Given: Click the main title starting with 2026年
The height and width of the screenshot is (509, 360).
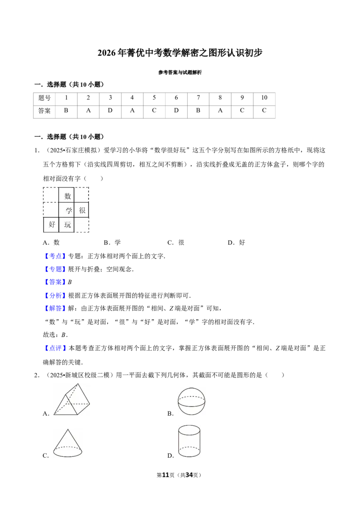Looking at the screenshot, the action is click(180, 53).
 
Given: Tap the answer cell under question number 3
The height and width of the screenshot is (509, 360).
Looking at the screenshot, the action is click(110, 111).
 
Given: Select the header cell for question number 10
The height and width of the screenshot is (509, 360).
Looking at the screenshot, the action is click(264, 98).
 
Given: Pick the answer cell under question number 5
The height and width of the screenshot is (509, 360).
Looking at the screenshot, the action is click(154, 111).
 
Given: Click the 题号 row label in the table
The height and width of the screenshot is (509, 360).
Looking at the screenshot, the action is click(45, 98).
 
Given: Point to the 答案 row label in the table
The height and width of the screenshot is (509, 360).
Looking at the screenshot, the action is click(45, 111).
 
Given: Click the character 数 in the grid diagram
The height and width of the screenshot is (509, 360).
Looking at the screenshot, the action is click(67, 196).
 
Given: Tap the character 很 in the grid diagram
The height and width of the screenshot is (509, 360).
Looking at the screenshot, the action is click(82, 210).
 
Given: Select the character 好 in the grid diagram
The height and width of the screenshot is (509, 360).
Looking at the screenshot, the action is click(52, 224).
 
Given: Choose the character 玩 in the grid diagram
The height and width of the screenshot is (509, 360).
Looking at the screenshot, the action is click(67, 225).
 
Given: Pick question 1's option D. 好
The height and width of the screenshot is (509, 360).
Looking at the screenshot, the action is click(236, 242).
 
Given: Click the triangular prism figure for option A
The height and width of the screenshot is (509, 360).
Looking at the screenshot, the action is click(72, 399).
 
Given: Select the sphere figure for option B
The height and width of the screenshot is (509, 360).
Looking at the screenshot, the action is click(191, 401).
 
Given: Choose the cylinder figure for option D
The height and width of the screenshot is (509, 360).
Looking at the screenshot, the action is click(189, 442).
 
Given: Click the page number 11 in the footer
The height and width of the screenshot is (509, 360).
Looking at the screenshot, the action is click(166, 475).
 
